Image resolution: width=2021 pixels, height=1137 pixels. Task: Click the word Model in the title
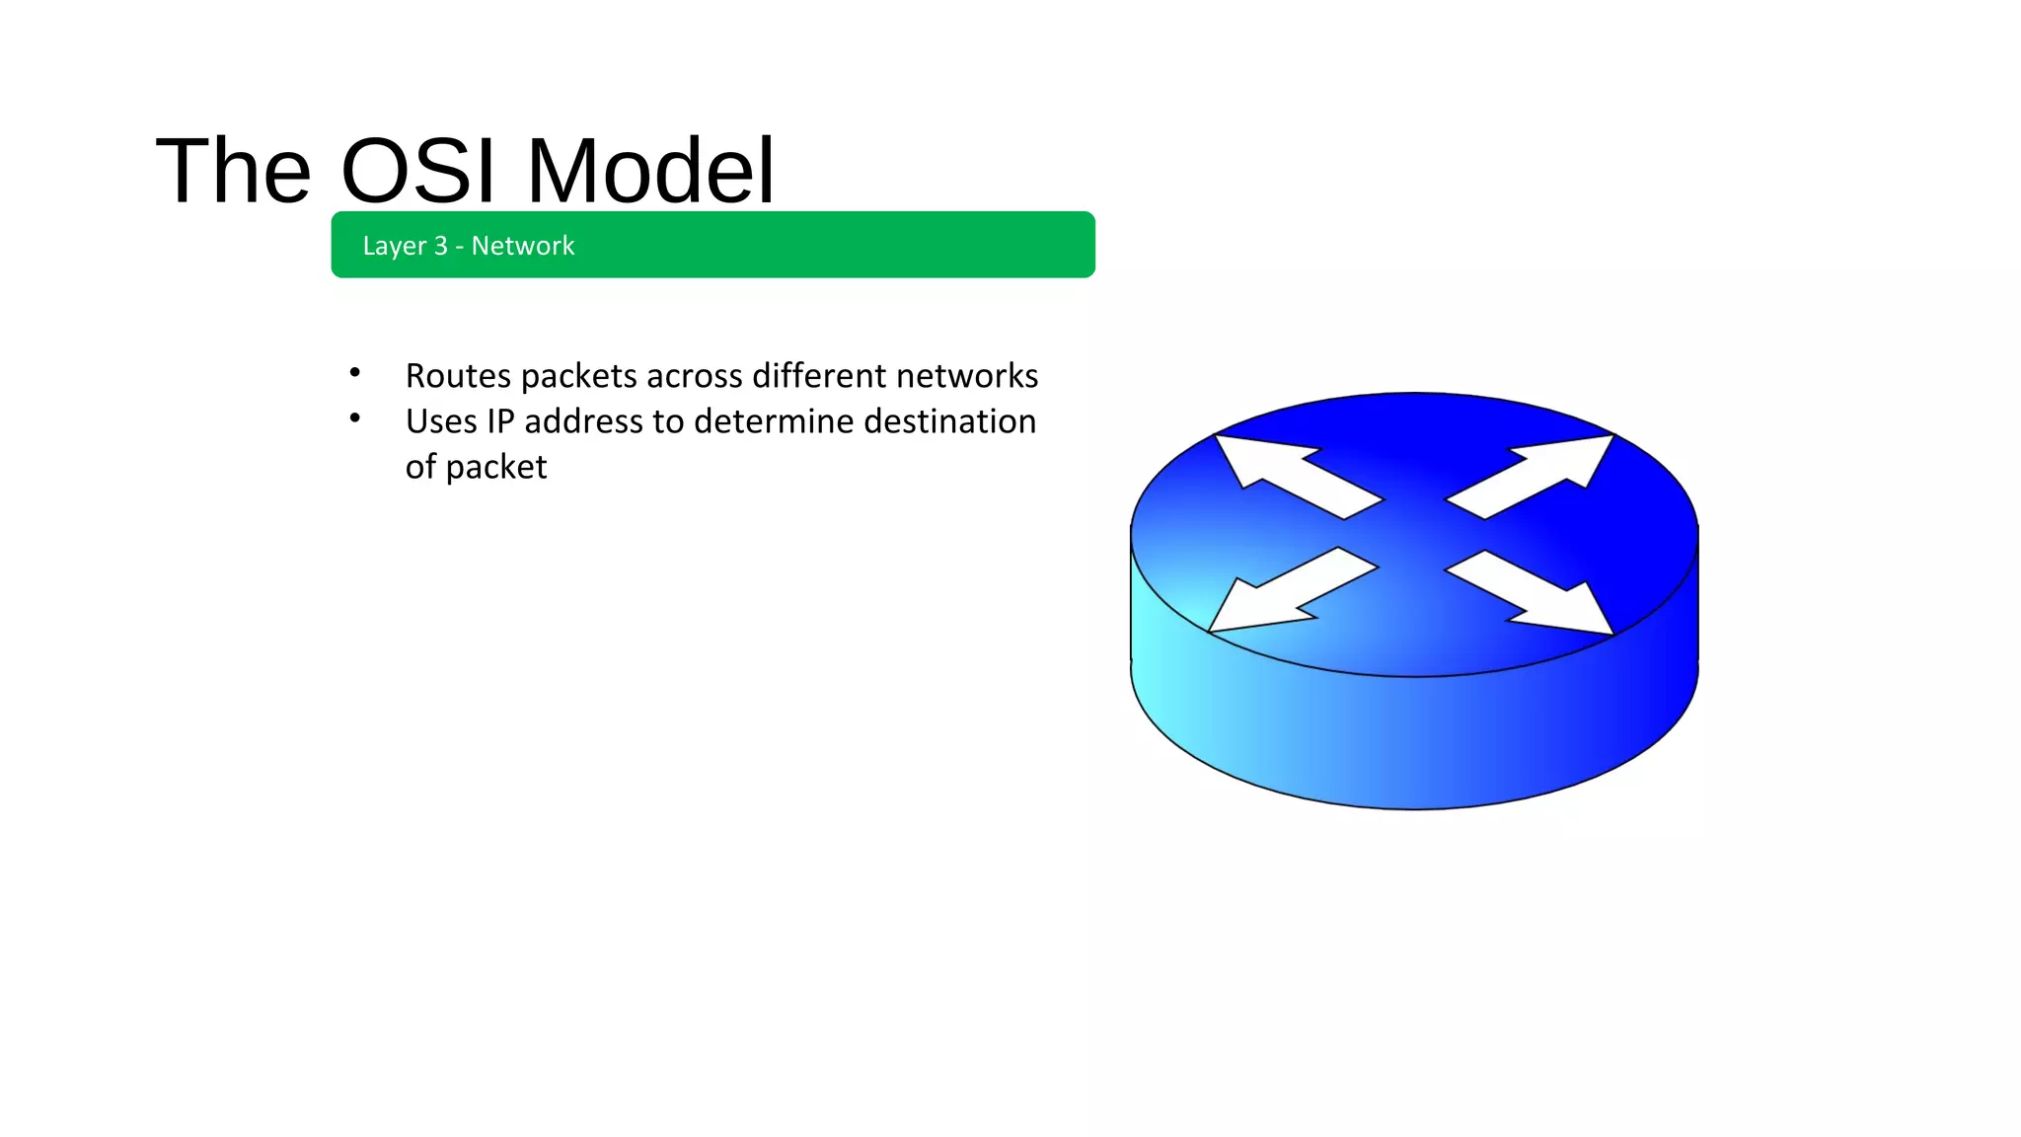[x=651, y=171]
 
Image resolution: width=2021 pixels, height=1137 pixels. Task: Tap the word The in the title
[x=233, y=171]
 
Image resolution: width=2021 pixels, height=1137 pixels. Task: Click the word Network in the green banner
[x=523, y=246]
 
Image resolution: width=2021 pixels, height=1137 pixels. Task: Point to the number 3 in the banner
[x=441, y=246]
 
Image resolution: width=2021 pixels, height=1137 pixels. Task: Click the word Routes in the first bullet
[x=458, y=376]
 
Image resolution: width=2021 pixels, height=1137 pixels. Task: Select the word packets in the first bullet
[x=578, y=376]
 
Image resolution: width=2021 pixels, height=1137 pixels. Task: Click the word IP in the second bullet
[x=500, y=421]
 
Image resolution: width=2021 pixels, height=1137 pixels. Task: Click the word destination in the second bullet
[x=950, y=421]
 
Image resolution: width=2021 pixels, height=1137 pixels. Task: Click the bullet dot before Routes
[x=354, y=373]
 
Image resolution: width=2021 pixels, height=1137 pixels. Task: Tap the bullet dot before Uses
[x=354, y=418]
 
